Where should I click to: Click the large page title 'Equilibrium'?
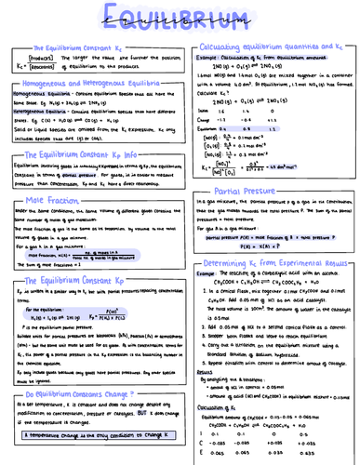tap(180, 19)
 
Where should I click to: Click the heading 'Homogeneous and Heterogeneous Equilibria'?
tap(87, 84)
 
